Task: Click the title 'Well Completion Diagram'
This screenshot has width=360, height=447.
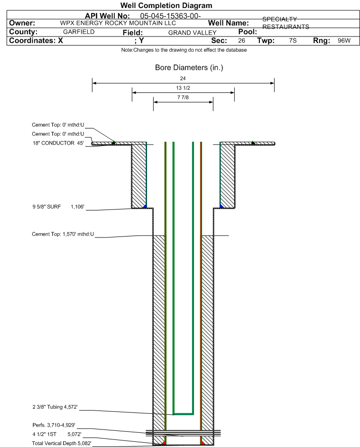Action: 166,5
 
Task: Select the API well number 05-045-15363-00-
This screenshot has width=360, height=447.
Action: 170,16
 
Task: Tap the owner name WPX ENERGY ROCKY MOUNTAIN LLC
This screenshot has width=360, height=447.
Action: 118,23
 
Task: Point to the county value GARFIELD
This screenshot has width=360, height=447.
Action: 79,32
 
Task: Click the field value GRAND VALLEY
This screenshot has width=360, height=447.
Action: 192,33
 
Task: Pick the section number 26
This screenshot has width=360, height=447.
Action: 241,40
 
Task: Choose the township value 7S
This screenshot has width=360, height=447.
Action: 293,40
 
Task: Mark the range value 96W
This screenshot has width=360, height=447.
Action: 344,40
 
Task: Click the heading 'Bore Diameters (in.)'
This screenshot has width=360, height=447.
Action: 189,68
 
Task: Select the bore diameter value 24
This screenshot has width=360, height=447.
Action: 183,78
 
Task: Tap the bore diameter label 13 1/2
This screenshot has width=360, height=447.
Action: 183,88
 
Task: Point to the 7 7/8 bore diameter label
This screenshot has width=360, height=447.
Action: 183,98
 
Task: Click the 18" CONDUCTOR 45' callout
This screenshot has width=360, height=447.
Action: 58,143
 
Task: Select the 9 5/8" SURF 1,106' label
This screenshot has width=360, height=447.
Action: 58,207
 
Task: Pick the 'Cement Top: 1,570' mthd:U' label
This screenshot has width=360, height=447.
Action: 63,234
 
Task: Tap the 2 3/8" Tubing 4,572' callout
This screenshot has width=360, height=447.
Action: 55,407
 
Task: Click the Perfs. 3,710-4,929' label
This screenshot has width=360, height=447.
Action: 54,425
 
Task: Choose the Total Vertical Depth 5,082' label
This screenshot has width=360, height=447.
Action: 62,443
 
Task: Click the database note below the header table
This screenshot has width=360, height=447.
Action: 184,50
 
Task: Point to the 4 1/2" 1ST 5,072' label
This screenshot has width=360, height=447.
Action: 57,434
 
